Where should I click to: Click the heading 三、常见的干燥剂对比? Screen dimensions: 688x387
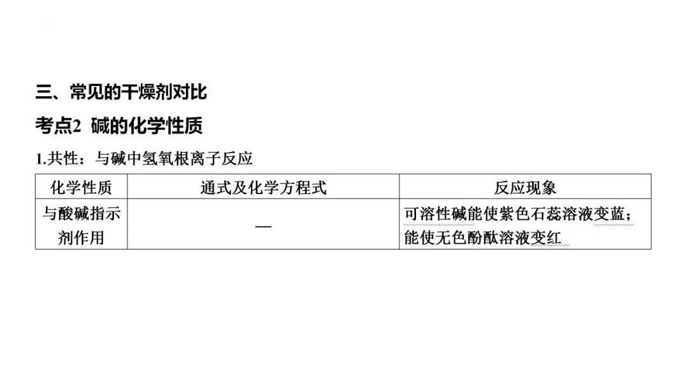[x=121, y=92]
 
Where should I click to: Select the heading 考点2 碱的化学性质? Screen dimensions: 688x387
[x=118, y=126]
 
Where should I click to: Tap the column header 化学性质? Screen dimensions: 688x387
[x=81, y=187]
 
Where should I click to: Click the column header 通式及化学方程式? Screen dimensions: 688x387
[x=263, y=187]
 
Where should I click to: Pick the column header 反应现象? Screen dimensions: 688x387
[x=525, y=187]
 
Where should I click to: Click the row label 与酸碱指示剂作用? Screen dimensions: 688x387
[x=81, y=226]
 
